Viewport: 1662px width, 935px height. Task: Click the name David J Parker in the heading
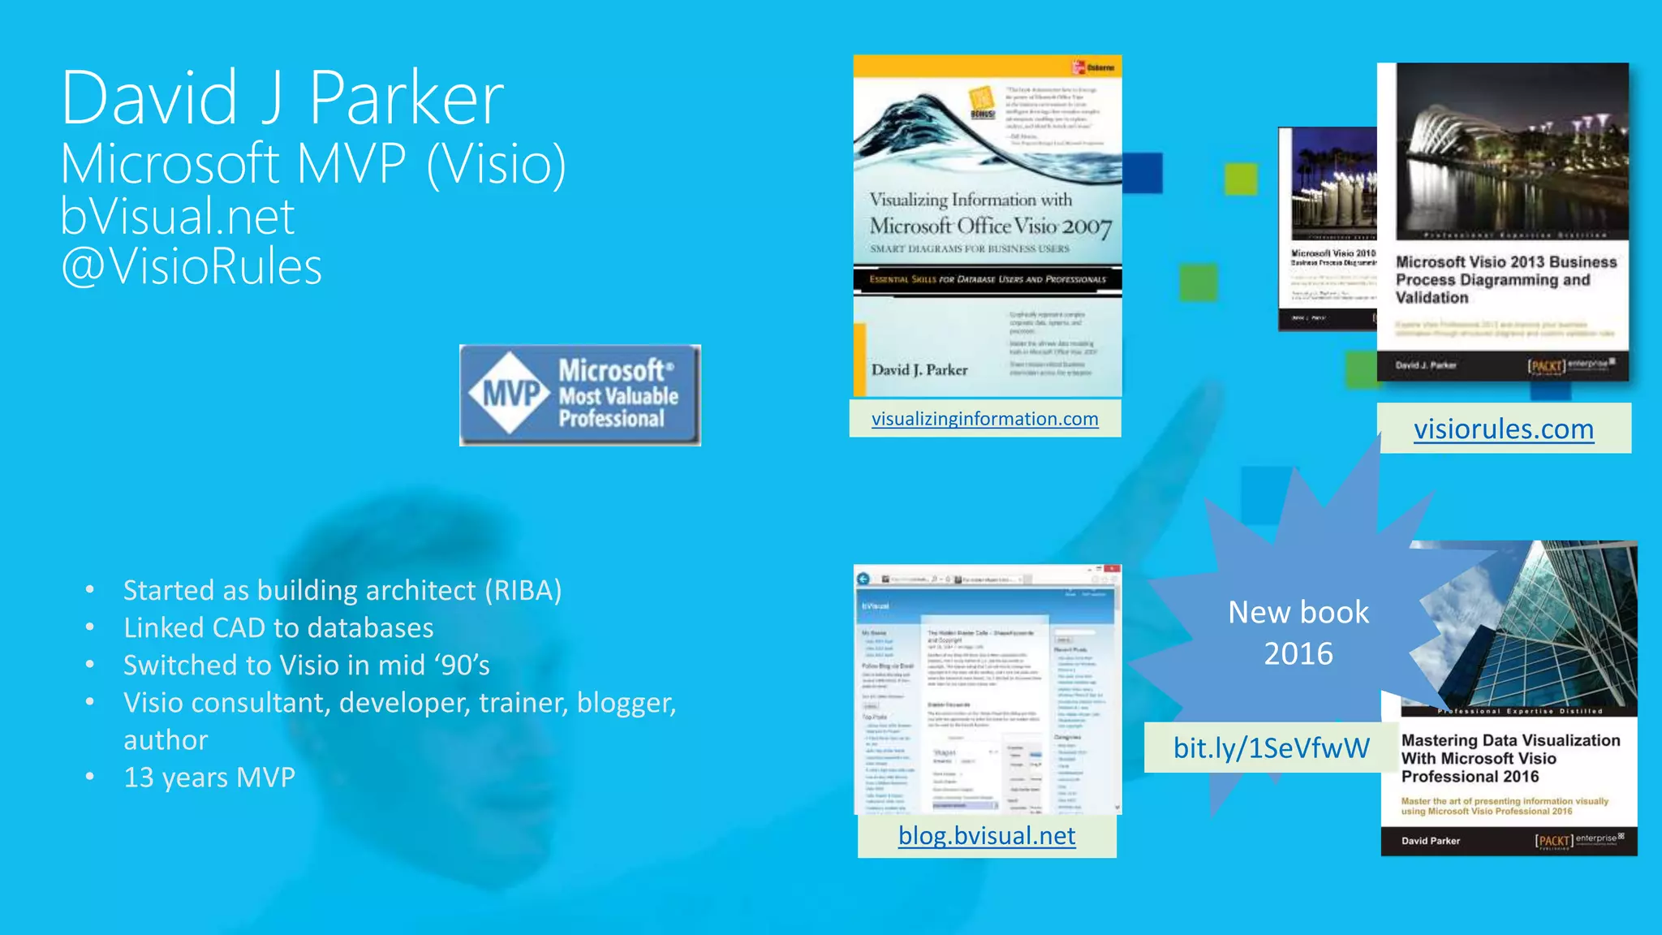click(282, 99)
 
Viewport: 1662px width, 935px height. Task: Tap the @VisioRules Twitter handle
click(192, 267)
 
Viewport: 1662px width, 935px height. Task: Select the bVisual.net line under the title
click(177, 217)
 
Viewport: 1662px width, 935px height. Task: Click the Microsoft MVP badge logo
click(579, 395)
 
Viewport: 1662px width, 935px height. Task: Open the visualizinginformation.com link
click(984, 419)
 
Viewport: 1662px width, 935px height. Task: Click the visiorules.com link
click(1503, 429)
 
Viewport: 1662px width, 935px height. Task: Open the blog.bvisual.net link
click(987, 835)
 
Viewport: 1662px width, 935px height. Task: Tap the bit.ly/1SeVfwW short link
click(1271, 748)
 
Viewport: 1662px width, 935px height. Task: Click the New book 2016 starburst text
click(1298, 632)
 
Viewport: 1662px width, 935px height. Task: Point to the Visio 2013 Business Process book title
click(1505, 279)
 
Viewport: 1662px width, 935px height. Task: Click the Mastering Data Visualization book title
click(1509, 758)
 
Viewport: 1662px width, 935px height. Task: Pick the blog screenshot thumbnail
click(987, 689)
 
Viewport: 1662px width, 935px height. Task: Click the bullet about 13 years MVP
click(209, 778)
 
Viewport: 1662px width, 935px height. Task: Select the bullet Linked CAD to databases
click(278, 628)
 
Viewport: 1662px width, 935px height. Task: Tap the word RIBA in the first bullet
click(523, 591)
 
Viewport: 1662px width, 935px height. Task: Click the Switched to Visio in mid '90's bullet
click(306, 666)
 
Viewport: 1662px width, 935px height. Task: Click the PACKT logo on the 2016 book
click(1554, 841)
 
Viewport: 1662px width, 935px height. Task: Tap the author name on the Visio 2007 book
click(919, 370)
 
